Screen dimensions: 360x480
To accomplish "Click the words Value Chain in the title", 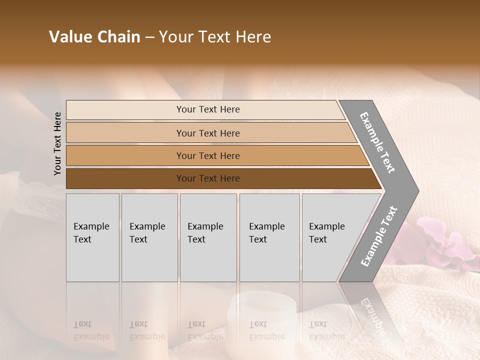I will point(94,37).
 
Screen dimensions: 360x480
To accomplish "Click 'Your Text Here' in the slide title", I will point(215,37).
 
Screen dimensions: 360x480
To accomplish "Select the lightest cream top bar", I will point(125,110).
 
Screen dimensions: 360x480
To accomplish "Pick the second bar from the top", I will point(125,133).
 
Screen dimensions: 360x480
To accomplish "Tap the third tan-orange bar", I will point(125,155).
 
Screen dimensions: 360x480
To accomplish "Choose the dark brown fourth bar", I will point(125,178).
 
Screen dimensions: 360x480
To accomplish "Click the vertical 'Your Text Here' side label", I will point(57,143).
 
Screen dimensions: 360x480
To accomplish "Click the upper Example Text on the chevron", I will point(377,142).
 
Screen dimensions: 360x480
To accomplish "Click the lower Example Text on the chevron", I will point(378,236).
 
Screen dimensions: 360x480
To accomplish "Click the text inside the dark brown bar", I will point(208,178).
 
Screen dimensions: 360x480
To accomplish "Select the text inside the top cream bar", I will point(208,109).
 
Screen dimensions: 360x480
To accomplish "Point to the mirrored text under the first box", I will point(91,331).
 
